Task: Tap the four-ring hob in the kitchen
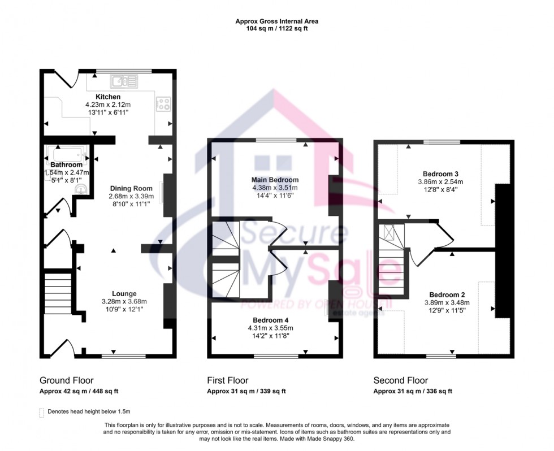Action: pyautogui.click(x=164, y=104)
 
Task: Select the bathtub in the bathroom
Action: pyautogui.click(x=66, y=153)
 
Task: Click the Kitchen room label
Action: pyautogui.click(x=107, y=97)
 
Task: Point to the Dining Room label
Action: pyautogui.click(x=132, y=188)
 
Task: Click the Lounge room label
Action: pyautogui.click(x=124, y=293)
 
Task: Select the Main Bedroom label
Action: pyautogui.click(x=275, y=180)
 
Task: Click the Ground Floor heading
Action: pyautogui.click(x=66, y=380)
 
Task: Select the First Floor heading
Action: pyautogui.click(x=227, y=380)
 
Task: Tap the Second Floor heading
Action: pyautogui.click(x=400, y=380)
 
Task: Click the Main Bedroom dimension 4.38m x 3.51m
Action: pyautogui.click(x=275, y=188)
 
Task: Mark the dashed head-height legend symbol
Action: pyautogui.click(x=41, y=412)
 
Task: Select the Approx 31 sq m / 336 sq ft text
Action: pyautogui.click(x=413, y=391)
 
